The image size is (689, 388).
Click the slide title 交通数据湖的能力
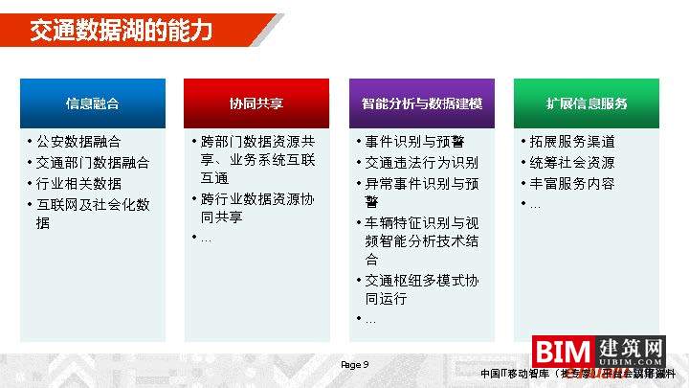pyautogui.click(x=120, y=31)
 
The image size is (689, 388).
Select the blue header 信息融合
pyautogui.click(x=93, y=103)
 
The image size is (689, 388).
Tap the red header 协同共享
pyautogui.click(x=256, y=103)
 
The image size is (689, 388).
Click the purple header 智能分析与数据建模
pyautogui.click(x=421, y=103)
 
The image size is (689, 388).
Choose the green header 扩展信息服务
pyautogui.click(x=587, y=103)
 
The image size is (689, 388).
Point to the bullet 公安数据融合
pyautogui.click(x=78, y=142)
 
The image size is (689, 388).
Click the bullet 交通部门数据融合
pyautogui.click(x=92, y=163)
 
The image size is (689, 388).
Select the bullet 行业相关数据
pyautogui.click(x=78, y=183)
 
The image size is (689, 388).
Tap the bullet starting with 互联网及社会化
pyautogui.click(x=92, y=214)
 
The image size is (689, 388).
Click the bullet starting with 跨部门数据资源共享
pyautogui.click(x=256, y=159)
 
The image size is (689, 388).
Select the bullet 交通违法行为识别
pyautogui.click(x=421, y=163)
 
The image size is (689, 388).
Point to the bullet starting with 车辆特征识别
pyautogui.click(x=421, y=240)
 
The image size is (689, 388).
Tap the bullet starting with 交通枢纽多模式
pyautogui.click(x=421, y=289)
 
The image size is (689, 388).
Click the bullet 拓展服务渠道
pyautogui.click(x=571, y=142)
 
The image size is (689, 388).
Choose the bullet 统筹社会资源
pyautogui.click(x=571, y=163)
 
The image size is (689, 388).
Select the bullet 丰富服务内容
pyautogui.click(x=571, y=183)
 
